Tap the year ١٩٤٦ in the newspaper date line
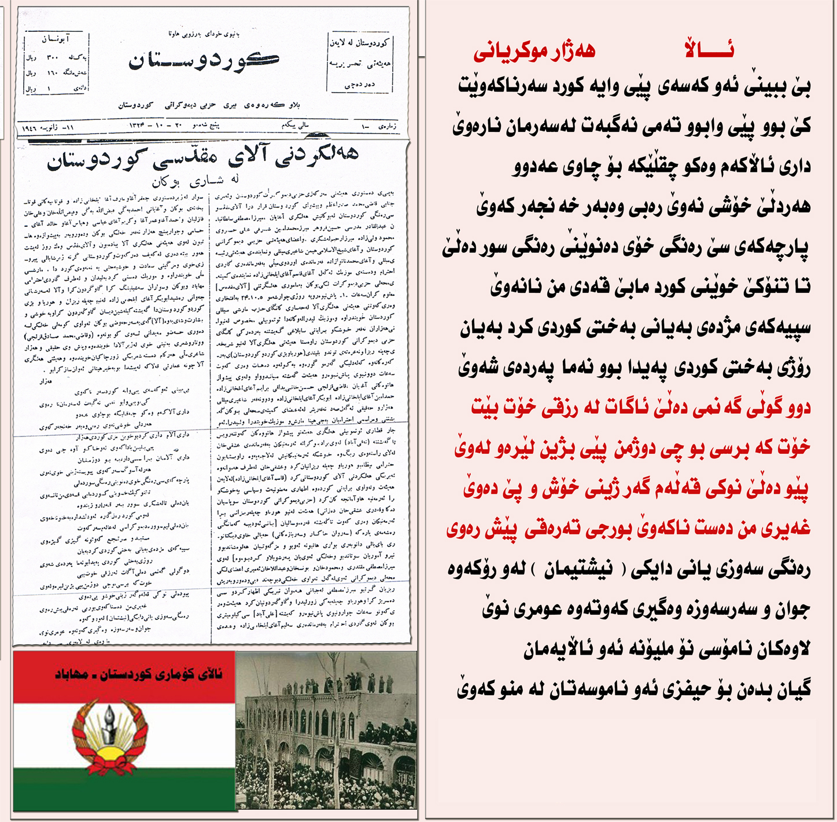32,127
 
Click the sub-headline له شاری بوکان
196,181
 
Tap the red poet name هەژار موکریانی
534,52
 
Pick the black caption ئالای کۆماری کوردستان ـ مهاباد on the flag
138,674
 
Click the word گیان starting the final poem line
792,690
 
